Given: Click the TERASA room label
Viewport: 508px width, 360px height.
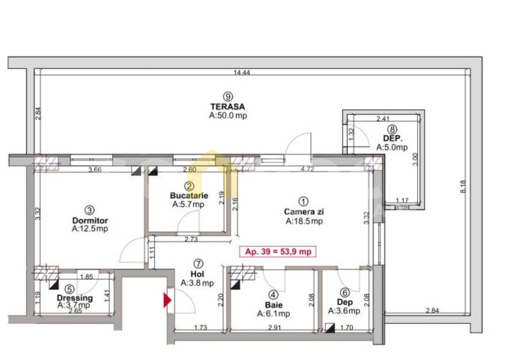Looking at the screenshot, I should [228, 106].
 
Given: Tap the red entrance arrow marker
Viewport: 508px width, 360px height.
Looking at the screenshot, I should [167, 301].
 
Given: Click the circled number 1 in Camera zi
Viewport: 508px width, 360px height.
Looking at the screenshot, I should [303, 201].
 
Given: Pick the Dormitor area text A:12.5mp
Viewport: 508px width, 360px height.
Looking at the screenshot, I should [89, 229].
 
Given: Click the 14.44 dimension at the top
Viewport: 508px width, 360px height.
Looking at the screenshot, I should [241, 73].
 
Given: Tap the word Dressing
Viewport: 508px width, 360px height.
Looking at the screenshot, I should [74, 298].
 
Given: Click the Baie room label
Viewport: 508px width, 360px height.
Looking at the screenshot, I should [273, 304].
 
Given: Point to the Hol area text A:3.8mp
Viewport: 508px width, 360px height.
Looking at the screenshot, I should [197, 283].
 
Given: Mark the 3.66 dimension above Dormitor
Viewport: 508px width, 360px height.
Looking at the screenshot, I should [94, 170].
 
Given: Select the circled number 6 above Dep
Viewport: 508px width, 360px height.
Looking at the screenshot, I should [345, 293].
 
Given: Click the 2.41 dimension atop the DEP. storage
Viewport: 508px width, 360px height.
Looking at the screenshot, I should [382, 118].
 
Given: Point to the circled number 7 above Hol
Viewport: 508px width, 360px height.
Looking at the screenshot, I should [198, 263].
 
